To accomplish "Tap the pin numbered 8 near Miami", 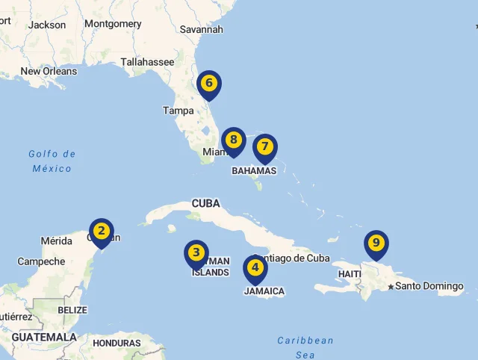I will point(234,140).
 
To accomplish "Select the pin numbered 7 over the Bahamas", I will point(265,147).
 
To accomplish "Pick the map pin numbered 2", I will point(102,232).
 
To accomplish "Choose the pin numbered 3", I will point(196,253).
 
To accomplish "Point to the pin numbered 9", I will point(376,243).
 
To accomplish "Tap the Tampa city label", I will point(179,111).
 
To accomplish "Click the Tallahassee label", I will point(147,62).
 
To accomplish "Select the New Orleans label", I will point(49,71).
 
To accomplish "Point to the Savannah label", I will point(202,29).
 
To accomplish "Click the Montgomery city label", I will point(113,24).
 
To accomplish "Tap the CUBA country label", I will point(205,203).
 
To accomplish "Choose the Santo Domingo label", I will point(429,286).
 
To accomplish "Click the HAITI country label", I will point(349,274).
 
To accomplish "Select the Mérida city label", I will point(57,241).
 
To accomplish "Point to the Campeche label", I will point(41,261).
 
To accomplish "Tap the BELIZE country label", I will point(72,310).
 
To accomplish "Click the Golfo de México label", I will point(52,161).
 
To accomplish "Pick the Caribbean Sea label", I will point(305,347).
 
